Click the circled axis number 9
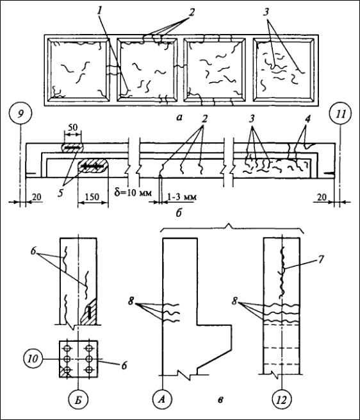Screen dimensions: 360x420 20,114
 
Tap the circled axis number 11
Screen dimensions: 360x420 340,114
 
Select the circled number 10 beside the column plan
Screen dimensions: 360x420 33,358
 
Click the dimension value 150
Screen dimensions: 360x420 93,197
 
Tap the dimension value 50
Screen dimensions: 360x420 72,127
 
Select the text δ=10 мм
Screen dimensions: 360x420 133,192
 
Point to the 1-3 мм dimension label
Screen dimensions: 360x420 182,197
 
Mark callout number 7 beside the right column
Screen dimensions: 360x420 321,259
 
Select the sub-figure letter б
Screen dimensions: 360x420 179,213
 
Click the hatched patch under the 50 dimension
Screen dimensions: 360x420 72,147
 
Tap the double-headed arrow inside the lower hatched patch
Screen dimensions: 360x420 92,166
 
